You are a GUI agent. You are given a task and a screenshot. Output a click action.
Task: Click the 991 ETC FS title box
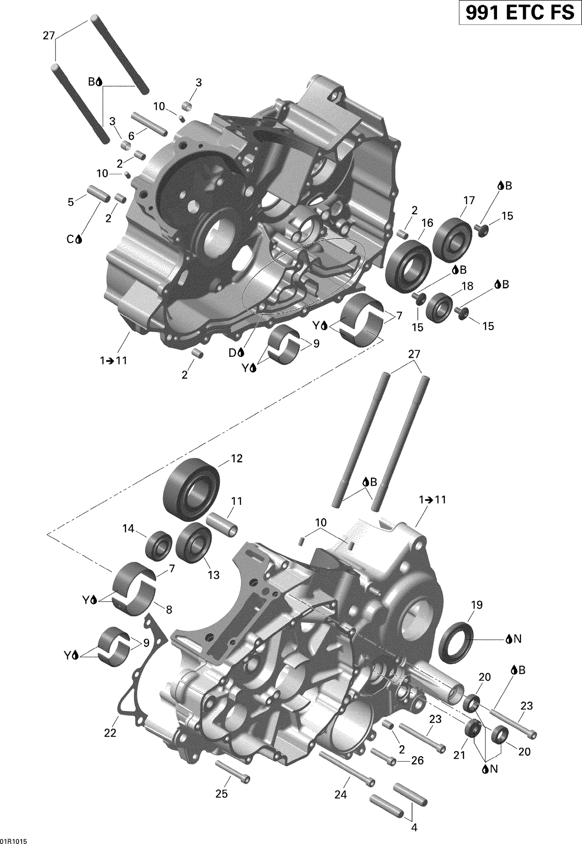coord(520,13)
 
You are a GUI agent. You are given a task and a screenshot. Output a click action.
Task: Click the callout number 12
coord(236,458)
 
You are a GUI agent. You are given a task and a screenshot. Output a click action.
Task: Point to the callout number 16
coord(427,223)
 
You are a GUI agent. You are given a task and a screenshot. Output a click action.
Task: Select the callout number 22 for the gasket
coord(110,733)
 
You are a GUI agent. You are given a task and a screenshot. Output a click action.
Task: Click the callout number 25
coord(222,794)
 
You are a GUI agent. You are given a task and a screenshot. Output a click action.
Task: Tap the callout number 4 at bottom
coord(414,828)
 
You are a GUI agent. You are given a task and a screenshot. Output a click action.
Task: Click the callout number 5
coord(71,202)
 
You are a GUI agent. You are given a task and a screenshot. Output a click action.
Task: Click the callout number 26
coord(417,760)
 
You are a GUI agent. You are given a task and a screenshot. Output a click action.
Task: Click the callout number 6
coord(131,136)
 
